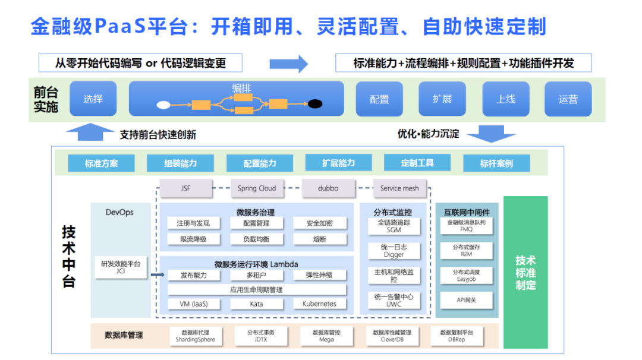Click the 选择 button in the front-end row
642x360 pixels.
click(x=93, y=99)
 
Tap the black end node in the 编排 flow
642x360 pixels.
click(x=315, y=104)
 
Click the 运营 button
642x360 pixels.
click(x=568, y=99)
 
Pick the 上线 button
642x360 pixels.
click(x=505, y=99)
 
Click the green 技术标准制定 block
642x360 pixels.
click(x=525, y=272)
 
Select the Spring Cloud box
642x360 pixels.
click(x=257, y=188)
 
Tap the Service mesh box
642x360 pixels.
click(x=399, y=188)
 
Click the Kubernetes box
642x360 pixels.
click(x=319, y=304)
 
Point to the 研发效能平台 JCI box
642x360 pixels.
click(x=121, y=267)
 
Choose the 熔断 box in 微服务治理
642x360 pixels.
click(x=319, y=239)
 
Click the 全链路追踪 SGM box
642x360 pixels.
click(x=394, y=226)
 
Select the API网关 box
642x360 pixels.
click(x=466, y=300)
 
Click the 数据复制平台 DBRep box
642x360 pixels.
click(x=457, y=336)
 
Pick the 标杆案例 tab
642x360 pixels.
click(x=496, y=163)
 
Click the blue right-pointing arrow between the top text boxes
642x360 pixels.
click(x=288, y=64)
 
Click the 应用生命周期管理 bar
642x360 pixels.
click(x=256, y=290)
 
